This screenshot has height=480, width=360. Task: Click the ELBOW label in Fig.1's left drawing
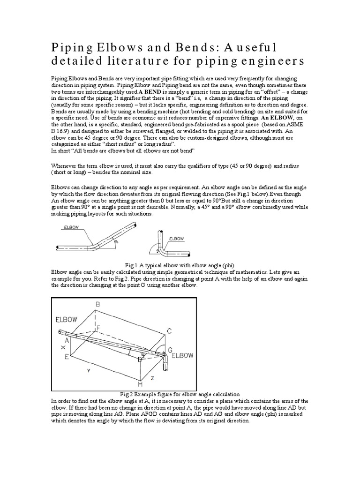pos(71,228)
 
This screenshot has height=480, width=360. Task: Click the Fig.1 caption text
pos(180,265)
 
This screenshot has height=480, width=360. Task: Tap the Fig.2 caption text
pos(180,394)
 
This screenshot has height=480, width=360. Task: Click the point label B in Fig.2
pos(98,305)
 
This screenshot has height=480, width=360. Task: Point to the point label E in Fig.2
pos(67,358)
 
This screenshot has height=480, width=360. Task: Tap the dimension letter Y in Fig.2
pos(88,370)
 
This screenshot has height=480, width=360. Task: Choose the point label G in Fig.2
pos(170,350)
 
